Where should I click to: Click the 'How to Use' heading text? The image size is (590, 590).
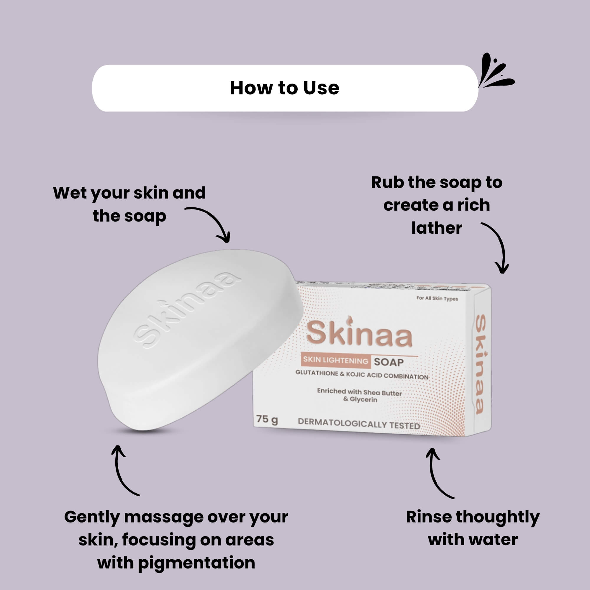pyautogui.click(x=285, y=88)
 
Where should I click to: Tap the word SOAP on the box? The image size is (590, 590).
pyautogui.click(x=389, y=362)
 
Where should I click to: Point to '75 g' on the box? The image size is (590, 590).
pyautogui.click(x=267, y=419)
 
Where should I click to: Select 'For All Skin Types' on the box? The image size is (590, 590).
pyautogui.click(x=437, y=298)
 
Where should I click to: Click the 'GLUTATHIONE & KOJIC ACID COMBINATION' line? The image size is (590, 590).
pyautogui.click(x=362, y=375)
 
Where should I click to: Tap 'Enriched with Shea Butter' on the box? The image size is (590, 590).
pyautogui.click(x=359, y=392)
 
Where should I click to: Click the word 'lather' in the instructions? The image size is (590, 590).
pyautogui.click(x=437, y=228)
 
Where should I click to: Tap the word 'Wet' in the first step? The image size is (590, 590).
pyautogui.click(x=70, y=193)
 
